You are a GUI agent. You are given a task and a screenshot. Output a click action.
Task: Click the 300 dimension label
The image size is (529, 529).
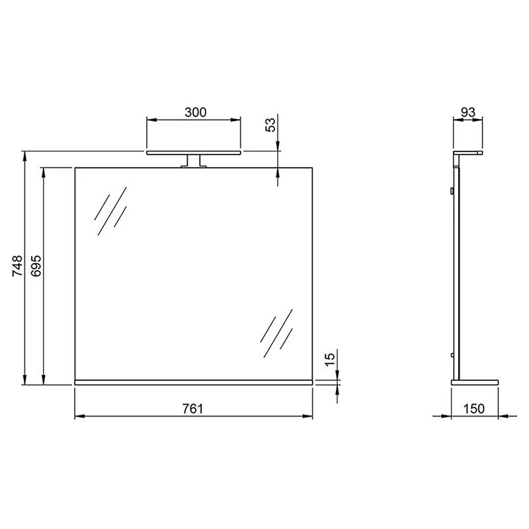[196, 112]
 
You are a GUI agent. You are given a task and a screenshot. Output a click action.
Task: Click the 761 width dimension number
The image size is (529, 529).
[192, 409]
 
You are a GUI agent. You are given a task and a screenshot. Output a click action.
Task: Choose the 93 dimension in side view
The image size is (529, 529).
[468, 112]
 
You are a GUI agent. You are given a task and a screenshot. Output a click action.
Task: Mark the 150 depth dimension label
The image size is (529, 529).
[474, 409]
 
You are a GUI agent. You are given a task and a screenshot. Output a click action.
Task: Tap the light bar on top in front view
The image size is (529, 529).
[193, 152]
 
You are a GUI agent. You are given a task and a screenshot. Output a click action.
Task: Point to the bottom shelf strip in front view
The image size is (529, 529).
[193, 382]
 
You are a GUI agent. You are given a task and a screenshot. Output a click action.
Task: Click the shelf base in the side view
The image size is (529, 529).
[474, 382]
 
